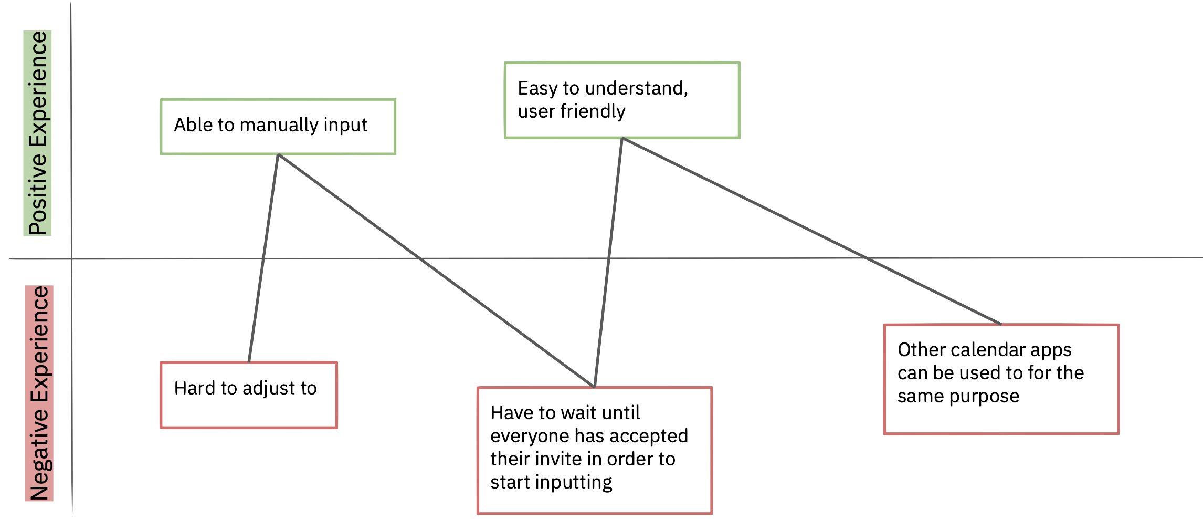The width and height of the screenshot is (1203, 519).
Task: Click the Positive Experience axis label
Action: click(38, 133)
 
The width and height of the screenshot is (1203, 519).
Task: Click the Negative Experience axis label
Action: click(39, 393)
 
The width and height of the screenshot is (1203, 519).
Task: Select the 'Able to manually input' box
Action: click(278, 127)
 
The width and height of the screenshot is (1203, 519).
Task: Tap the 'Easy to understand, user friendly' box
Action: click(622, 100)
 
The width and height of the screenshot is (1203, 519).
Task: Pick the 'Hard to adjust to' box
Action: click(248, 395)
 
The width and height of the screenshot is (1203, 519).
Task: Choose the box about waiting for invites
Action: click(594, 450)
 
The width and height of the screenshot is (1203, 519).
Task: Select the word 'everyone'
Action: click(530, 437)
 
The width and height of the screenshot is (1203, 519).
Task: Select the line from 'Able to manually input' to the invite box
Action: click(436, 271)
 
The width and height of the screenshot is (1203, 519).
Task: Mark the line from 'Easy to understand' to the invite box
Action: click(608, 263)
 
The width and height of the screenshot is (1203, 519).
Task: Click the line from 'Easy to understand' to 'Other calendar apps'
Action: click(811, 231)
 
